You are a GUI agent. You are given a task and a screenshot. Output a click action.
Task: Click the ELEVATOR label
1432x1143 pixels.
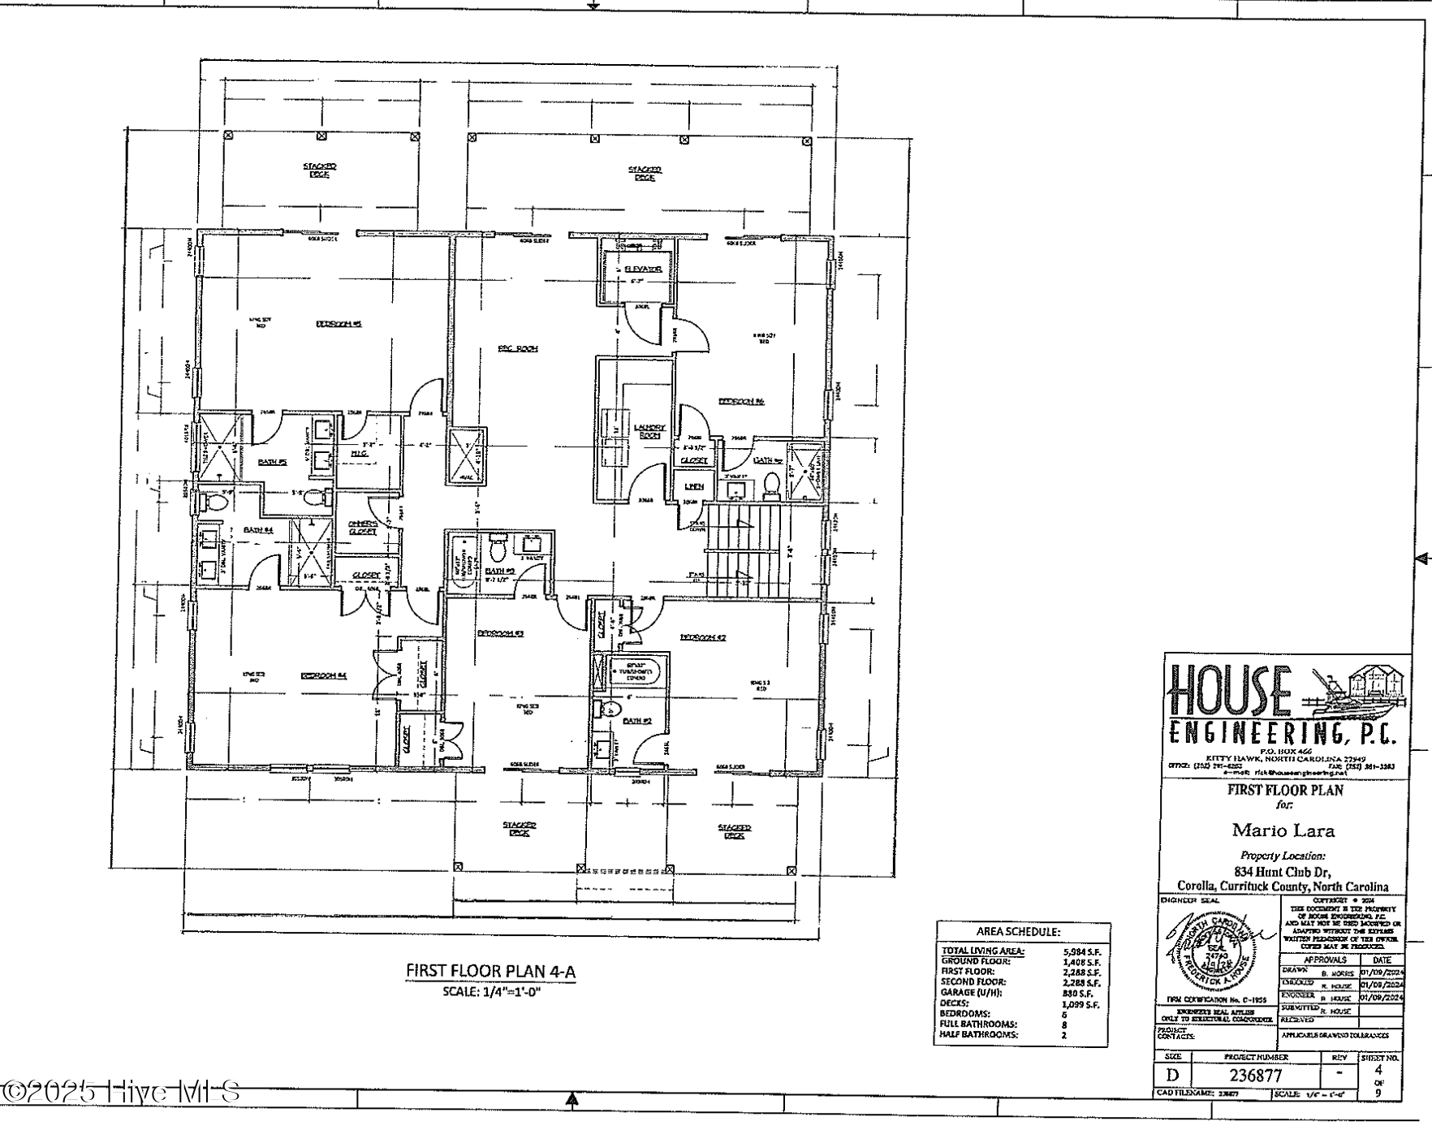pyautogui.click(x=644, y=269)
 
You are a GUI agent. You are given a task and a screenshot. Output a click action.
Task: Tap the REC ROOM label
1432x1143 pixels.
pyautogui.click(x=518, y=349)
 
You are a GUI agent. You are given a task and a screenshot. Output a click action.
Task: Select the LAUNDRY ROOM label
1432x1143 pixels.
pyautogui.click(x=649, y=431)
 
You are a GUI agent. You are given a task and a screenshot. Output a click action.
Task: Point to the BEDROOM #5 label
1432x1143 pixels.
pyautogui.click(x=339, y=324)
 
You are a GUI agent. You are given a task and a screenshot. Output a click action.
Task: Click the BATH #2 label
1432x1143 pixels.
pyautogui.click(x=637, y=720)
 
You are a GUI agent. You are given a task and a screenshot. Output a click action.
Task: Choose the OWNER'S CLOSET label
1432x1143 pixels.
pyautogui.click(x=363, y=527)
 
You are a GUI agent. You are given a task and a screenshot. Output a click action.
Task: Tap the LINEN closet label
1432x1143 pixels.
pyautogui.click(x=693, y=486)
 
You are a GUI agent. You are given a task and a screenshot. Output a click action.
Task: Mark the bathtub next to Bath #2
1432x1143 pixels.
pyautogui.click(x=638, y=671)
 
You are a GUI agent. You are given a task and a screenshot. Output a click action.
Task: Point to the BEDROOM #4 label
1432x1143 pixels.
pyautogui.click(x=324, y=675)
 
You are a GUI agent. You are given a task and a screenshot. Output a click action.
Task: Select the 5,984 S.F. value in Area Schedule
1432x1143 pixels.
pyautogui.click(x=1080, y=951)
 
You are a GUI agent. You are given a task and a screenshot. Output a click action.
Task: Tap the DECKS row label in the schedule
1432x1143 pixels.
pyautogui.click(x=953, y=1003)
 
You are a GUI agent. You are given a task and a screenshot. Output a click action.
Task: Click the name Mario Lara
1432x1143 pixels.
pyautogui.click(x=1283, y=830)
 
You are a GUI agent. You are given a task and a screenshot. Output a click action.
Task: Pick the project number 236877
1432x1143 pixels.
pyautogui.click(x=1256, y=1076)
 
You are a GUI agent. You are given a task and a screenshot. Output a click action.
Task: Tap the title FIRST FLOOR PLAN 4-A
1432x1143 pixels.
pyautogui.click(x=490, y=971)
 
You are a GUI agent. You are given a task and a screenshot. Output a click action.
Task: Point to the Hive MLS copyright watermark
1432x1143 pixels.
pyautogui.click(x=122, y=1092)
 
